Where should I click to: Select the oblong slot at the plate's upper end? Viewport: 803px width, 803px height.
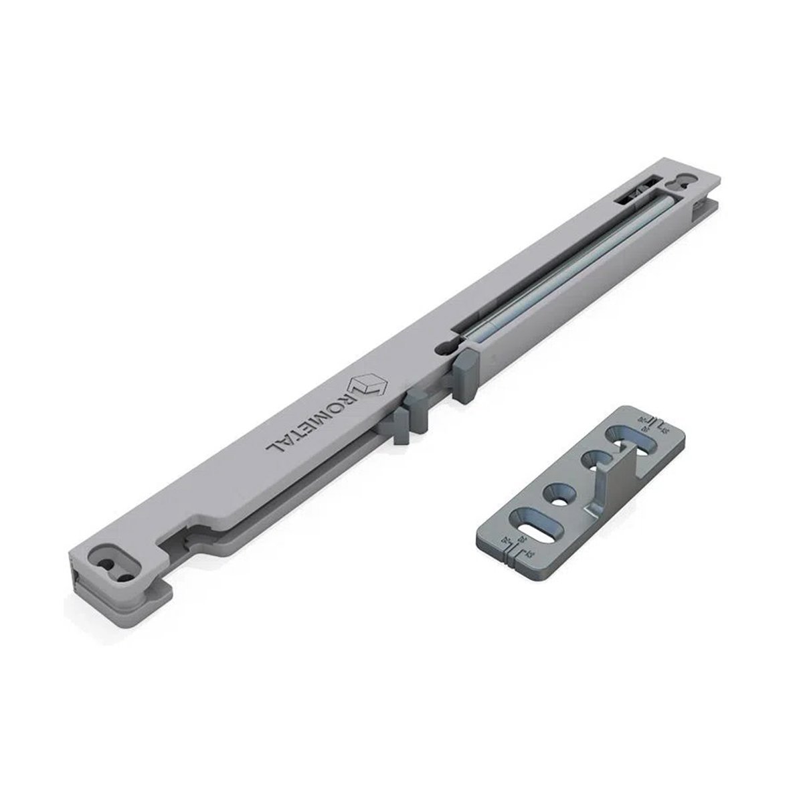point(632,442)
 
